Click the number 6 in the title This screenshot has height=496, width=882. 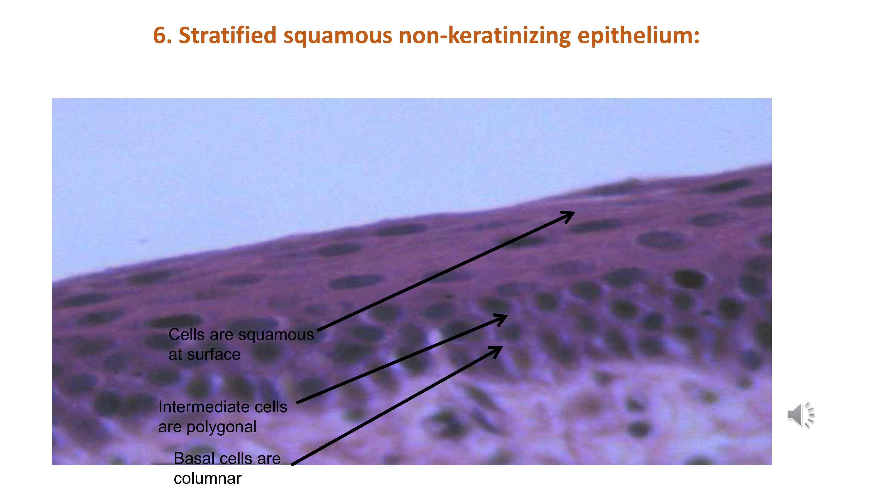coord(160,35)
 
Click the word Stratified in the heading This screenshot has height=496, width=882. coord(227,35)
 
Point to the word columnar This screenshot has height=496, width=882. coord(207,478)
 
